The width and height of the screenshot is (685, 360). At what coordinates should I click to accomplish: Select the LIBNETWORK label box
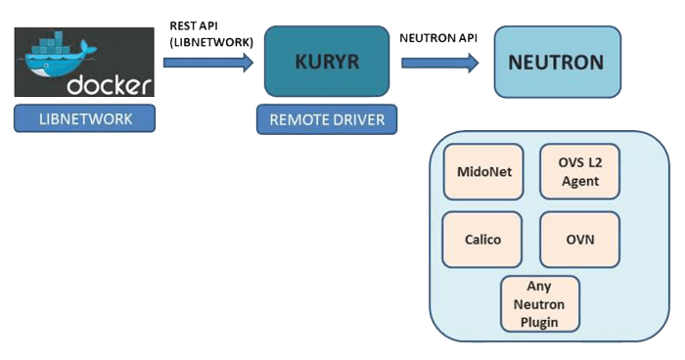pyautogui.click(x=85, y=119)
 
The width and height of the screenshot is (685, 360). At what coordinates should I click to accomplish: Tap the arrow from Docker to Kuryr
pyautogui.click(x=207, y=63)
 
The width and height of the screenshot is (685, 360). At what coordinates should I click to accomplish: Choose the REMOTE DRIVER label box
pyautogui.click(x=327, y=120)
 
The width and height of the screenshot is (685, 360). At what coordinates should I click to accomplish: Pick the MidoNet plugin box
pyautogui.click(x=483, y=172)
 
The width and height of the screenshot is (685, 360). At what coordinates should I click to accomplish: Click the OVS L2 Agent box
pyautogui.click(x=579, y=172)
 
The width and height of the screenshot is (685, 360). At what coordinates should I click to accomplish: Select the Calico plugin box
pyautogui.click(x=483, y=239)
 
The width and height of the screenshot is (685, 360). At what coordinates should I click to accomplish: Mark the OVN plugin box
pyautogui.click(x=579, y=239)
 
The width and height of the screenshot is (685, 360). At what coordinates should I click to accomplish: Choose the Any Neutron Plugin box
pyautogui.click(x=540, y=303)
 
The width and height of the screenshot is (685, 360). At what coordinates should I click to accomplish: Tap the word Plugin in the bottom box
pyautogui.click(x=540, y=320)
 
